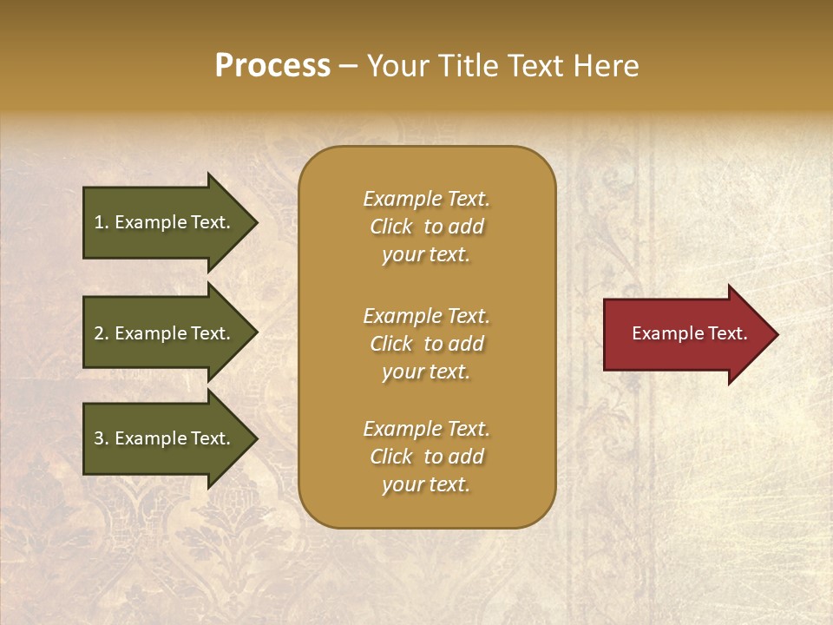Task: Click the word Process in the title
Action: [x=272, y=66]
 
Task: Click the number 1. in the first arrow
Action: [x=102, y=222]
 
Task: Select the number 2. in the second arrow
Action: [x=102, y=333]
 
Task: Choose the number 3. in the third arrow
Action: [x=102, y=438]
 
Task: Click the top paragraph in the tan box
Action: [x=426, y=227]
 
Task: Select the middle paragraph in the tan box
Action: [x=426, y=344]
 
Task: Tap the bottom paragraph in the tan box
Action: [x=426, y=457]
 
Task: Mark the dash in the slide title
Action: [x=348, y=67]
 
